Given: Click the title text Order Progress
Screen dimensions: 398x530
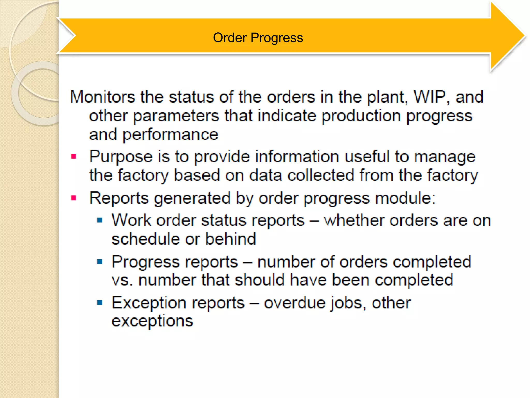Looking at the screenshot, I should pos(258,38).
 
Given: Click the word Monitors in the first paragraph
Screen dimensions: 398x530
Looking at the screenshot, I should pos(102,97).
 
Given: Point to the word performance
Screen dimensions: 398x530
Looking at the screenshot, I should pos(170,135).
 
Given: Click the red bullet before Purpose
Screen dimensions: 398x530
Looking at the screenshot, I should pos(74,157).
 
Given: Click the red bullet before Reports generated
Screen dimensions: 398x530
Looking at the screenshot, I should pos(74,198).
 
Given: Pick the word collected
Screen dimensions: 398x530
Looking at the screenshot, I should pos(321,175).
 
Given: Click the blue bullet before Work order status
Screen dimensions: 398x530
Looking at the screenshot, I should pos(100,221).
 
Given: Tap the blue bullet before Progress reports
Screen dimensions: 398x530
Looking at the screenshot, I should pos(100,262).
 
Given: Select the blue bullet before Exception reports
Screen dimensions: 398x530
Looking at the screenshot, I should pos(100,302).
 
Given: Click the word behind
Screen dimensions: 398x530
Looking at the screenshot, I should pos(230,239).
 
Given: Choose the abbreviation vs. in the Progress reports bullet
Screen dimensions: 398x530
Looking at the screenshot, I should pos(122,280).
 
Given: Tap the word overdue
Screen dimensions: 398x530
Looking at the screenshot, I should pos(295,303).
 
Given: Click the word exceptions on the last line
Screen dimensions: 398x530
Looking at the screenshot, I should pos(152,321).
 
